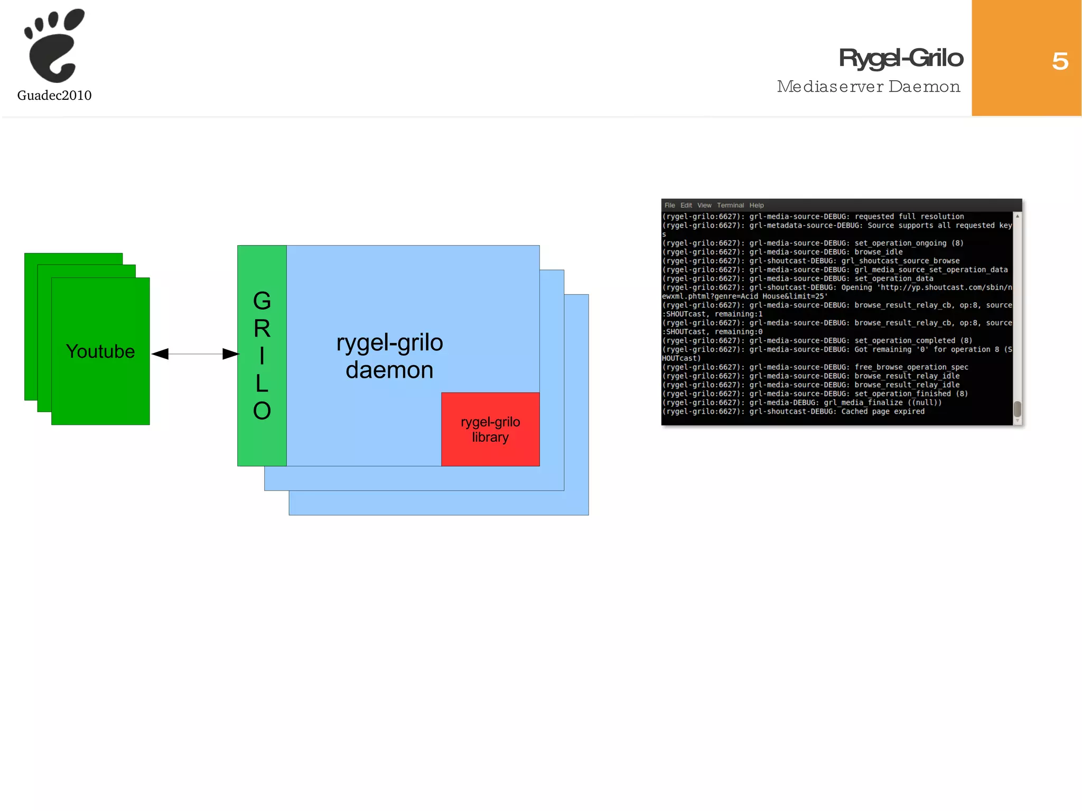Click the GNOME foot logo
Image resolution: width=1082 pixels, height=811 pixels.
54,46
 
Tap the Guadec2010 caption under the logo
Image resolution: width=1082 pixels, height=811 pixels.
54,96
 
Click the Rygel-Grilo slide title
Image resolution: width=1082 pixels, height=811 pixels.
901,58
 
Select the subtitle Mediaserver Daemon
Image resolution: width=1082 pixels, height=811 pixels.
869,87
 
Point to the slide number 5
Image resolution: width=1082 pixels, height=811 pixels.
1060,61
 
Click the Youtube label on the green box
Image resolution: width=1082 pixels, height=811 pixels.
100,352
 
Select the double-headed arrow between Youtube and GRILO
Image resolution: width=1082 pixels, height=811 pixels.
195,354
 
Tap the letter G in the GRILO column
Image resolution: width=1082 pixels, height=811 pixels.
262,302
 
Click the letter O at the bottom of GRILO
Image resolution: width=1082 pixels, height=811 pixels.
262,411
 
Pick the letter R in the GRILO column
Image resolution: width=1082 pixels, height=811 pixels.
262,329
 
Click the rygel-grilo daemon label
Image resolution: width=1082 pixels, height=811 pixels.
390,356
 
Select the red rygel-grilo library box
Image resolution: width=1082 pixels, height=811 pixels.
490,430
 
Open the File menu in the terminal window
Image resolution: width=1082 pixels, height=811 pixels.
669,206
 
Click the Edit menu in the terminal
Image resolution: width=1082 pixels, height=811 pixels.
686,206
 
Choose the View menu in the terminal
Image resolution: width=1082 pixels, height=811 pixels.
704,206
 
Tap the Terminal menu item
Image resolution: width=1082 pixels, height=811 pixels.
730,206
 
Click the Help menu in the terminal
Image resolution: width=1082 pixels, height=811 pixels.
757,206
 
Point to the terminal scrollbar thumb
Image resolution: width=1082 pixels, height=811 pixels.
1017,409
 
